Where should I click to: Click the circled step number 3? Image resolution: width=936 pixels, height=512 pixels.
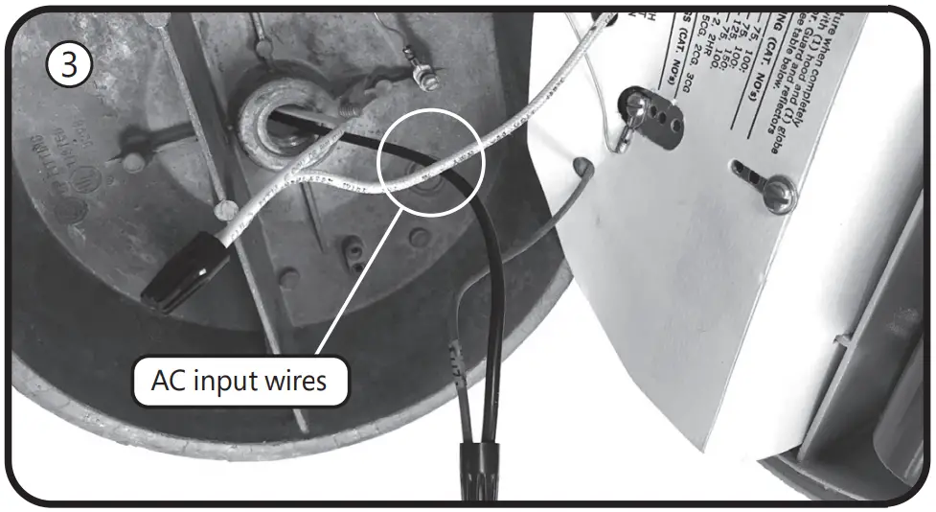pyautogui.click(x=69, y=64)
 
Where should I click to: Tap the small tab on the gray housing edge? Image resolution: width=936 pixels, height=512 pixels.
pyautogui.click(x=843, y=340)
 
